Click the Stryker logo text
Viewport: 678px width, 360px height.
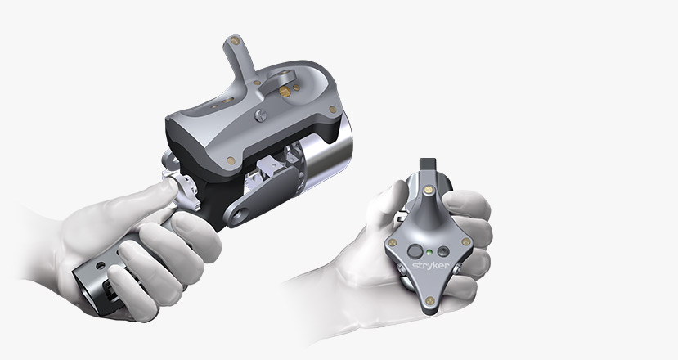click(x=430, y=265)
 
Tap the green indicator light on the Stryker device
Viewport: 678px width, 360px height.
click(x=429, y=251)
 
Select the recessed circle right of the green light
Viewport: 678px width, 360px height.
click(x=443, y=251)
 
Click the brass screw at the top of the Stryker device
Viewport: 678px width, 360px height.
click(x=429, y=190)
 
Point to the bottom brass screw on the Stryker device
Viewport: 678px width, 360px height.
click(x=429, y=299)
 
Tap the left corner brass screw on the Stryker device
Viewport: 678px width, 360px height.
click(x=393, y=242)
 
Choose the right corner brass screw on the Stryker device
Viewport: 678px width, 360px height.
click(x=466, y=241)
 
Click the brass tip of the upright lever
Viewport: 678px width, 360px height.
click(x=235, y=41)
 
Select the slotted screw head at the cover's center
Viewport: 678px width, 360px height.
click(x=260, y=115)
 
